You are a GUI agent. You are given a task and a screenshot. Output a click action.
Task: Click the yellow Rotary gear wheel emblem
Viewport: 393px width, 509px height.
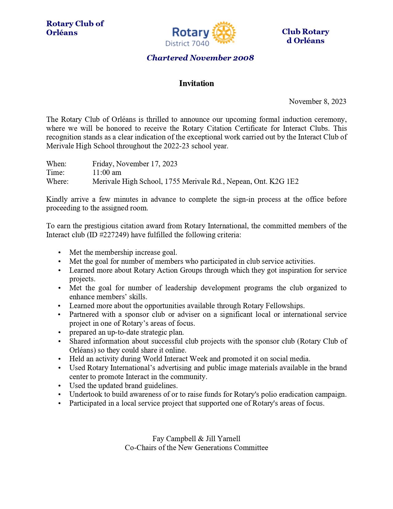[x=224, y=32]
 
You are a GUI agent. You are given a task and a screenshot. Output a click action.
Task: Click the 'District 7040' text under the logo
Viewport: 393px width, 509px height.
[x=187, y=43]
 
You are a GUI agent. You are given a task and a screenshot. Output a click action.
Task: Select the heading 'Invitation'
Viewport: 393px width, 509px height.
[x=196, y=84]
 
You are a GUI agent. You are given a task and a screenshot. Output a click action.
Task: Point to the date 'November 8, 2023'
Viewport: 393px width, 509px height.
[x=317, y=101]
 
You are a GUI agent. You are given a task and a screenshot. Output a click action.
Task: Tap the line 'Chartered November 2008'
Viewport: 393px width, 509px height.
[x=200, y=58]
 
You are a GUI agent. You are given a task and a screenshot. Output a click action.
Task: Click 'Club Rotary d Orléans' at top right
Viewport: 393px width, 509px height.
[x=305, y=36]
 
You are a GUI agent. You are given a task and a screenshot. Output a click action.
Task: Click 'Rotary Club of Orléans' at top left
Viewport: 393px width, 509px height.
[x=75, y=28]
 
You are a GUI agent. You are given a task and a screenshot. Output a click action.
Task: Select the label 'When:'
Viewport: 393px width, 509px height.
[x=56, y=163]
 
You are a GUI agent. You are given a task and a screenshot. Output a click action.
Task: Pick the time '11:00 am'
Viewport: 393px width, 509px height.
[x=107, y=172]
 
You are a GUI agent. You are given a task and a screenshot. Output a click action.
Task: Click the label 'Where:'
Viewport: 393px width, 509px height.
[x=57, y=181]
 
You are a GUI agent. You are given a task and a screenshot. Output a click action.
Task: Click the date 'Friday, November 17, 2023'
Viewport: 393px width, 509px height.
[x=135, y=163]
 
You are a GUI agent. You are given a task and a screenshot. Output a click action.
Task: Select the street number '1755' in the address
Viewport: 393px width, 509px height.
[x=172, y=181]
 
